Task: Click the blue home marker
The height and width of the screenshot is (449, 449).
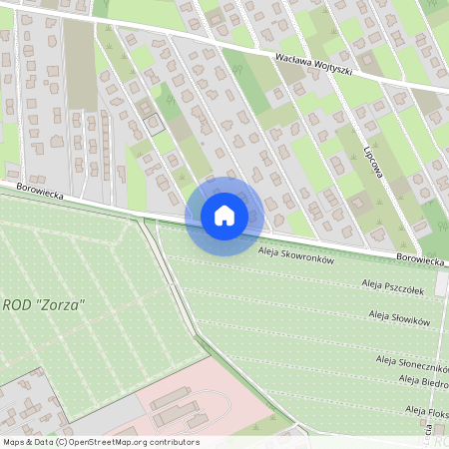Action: tap(224, 215)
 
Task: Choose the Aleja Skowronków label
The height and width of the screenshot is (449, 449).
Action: tap(294, 257)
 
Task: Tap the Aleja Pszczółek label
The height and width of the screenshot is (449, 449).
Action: tap(393, 287)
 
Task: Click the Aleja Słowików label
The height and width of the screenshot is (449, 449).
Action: tap(398, 317)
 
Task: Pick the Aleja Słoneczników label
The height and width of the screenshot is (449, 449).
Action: tap(409, 360)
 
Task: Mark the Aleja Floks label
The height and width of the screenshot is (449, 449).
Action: tap(424, 410)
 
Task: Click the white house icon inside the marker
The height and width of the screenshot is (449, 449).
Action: tap(224, 215)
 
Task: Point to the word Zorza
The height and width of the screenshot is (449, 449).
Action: tap(62, 303)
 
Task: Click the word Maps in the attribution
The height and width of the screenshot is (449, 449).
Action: tap(15, 442)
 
